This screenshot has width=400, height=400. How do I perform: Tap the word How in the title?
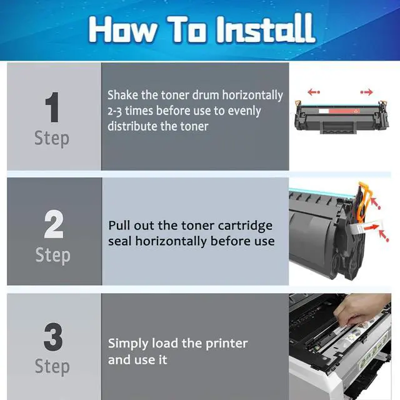(122, 29)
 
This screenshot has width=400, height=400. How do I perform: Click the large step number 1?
(52, 107)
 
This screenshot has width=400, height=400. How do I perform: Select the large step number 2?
(54, 224)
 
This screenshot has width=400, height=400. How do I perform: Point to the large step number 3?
(53, 337)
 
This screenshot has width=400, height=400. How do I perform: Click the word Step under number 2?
(52, 256)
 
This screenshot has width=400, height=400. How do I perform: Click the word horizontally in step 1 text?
(252, 96)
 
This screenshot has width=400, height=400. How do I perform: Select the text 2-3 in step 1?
(114, 111)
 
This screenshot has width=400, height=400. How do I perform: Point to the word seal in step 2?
(119, 241)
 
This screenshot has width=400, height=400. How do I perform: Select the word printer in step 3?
(226, 344)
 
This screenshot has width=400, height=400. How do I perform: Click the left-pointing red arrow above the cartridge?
(314, 92)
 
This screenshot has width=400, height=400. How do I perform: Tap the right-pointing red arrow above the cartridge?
(367, 92)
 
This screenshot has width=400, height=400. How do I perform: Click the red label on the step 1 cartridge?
(344, 111)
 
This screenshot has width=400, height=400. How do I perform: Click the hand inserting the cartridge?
(362, 311)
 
